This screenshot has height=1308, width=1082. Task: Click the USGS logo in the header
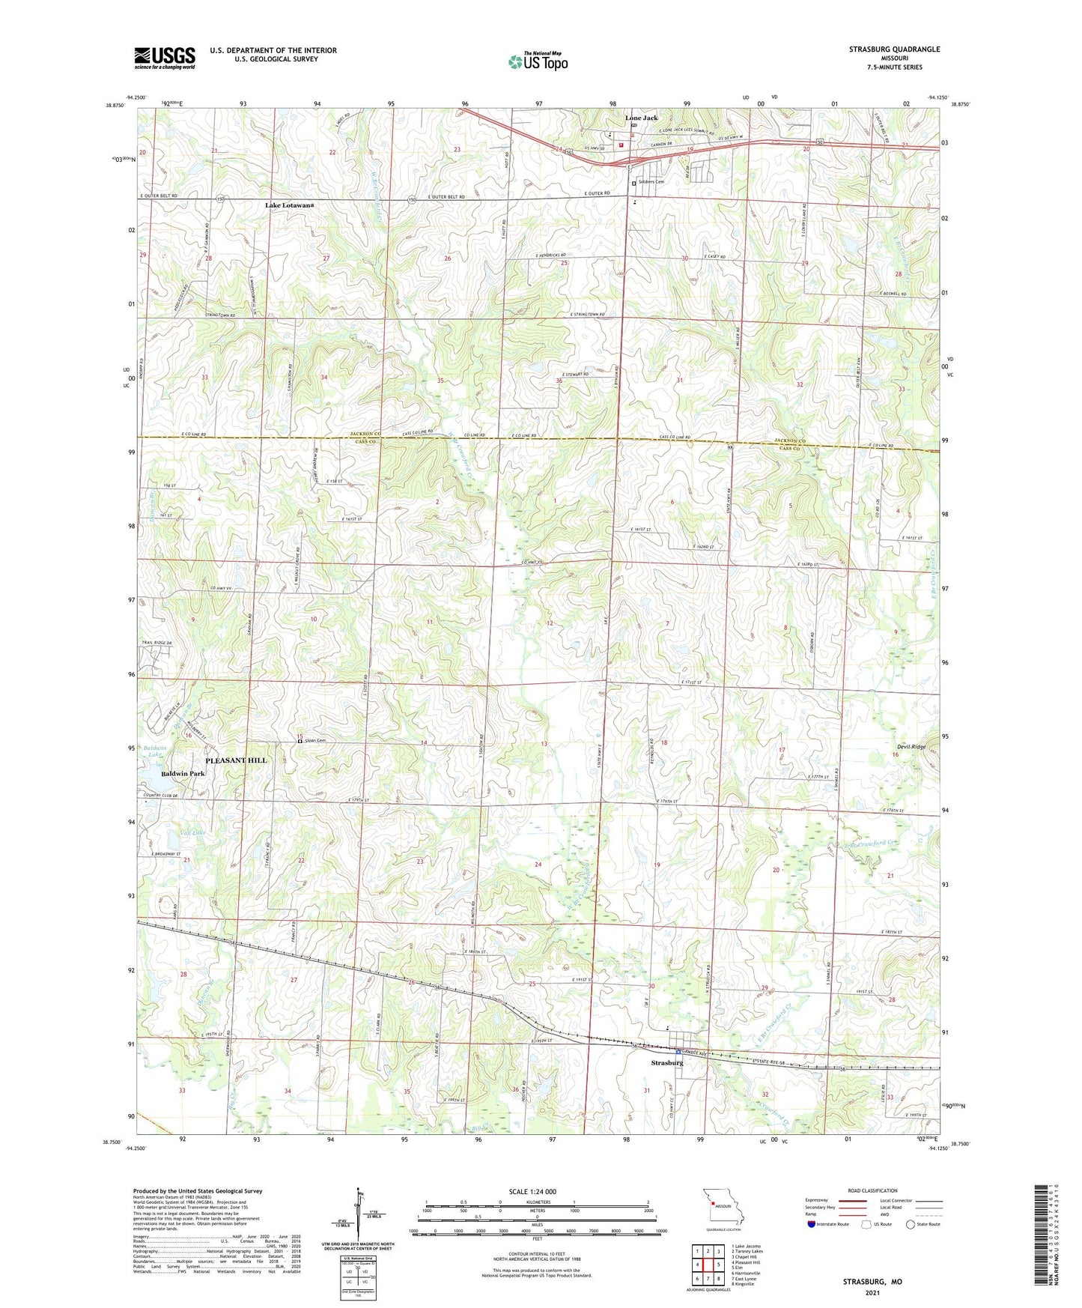[165, 58]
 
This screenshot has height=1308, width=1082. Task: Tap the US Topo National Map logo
[537, 61]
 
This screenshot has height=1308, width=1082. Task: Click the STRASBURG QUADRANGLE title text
[894, 49]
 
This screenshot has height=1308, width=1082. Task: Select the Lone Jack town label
[642, 118]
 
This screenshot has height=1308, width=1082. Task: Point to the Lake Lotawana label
[289, 205]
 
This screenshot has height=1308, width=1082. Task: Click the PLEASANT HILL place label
[236, 760]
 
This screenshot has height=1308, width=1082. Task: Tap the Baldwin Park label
[183, 774]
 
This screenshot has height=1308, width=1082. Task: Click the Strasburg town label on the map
[666, 1063]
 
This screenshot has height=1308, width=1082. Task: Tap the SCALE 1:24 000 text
[532, 1191]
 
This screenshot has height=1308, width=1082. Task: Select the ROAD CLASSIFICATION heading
[873, 1190]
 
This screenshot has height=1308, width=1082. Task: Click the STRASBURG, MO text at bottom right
[872, 1282]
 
